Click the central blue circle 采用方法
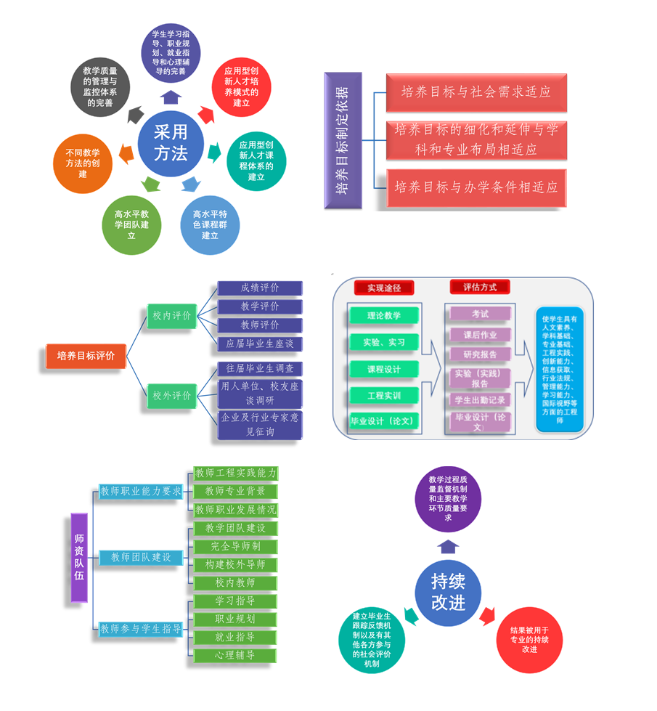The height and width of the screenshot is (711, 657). point(171,142)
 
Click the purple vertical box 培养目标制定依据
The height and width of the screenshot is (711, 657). point(343,140)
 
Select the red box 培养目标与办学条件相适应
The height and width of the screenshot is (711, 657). point(476,187)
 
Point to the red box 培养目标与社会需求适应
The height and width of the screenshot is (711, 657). point(476,92)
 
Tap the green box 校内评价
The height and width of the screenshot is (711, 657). point(171,316)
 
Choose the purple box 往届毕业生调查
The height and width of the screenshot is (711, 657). point(260,369)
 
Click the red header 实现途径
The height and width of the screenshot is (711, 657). point(383,288)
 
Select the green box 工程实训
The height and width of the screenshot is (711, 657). point(383,395)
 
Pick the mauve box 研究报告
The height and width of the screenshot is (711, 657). point(480,354)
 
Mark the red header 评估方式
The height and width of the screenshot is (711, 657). point(480,287)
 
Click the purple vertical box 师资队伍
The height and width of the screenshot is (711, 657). point(79,558)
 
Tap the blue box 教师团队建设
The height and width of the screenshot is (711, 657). point(141,558)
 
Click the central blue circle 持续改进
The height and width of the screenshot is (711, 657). point(448,593)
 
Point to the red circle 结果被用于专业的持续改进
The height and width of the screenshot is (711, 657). point(529,640)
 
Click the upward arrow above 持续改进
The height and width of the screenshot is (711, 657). point(449,546)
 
